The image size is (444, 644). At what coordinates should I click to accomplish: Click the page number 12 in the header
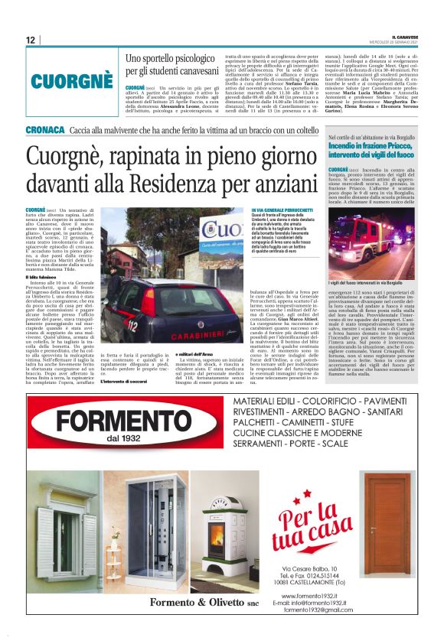click(x=30, y=40)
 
